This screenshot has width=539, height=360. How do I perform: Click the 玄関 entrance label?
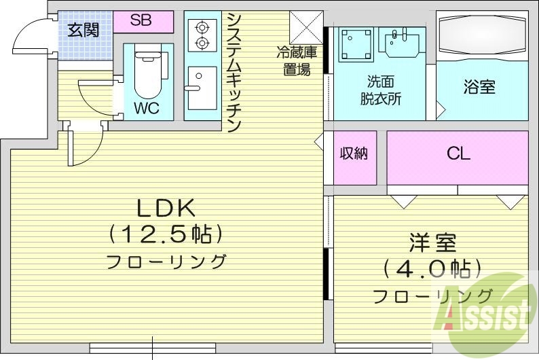tap(83, 30)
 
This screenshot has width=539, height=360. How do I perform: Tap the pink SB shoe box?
tap(142, 20)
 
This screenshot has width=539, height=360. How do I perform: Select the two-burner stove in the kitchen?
tap(202, 35)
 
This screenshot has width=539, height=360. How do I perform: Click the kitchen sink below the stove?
tap(201, 88)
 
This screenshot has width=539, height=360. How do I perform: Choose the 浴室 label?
tap(479, 87)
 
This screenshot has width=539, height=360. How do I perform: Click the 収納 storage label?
tap(354, 154)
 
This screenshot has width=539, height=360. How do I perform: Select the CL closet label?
tap(458, 154)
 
